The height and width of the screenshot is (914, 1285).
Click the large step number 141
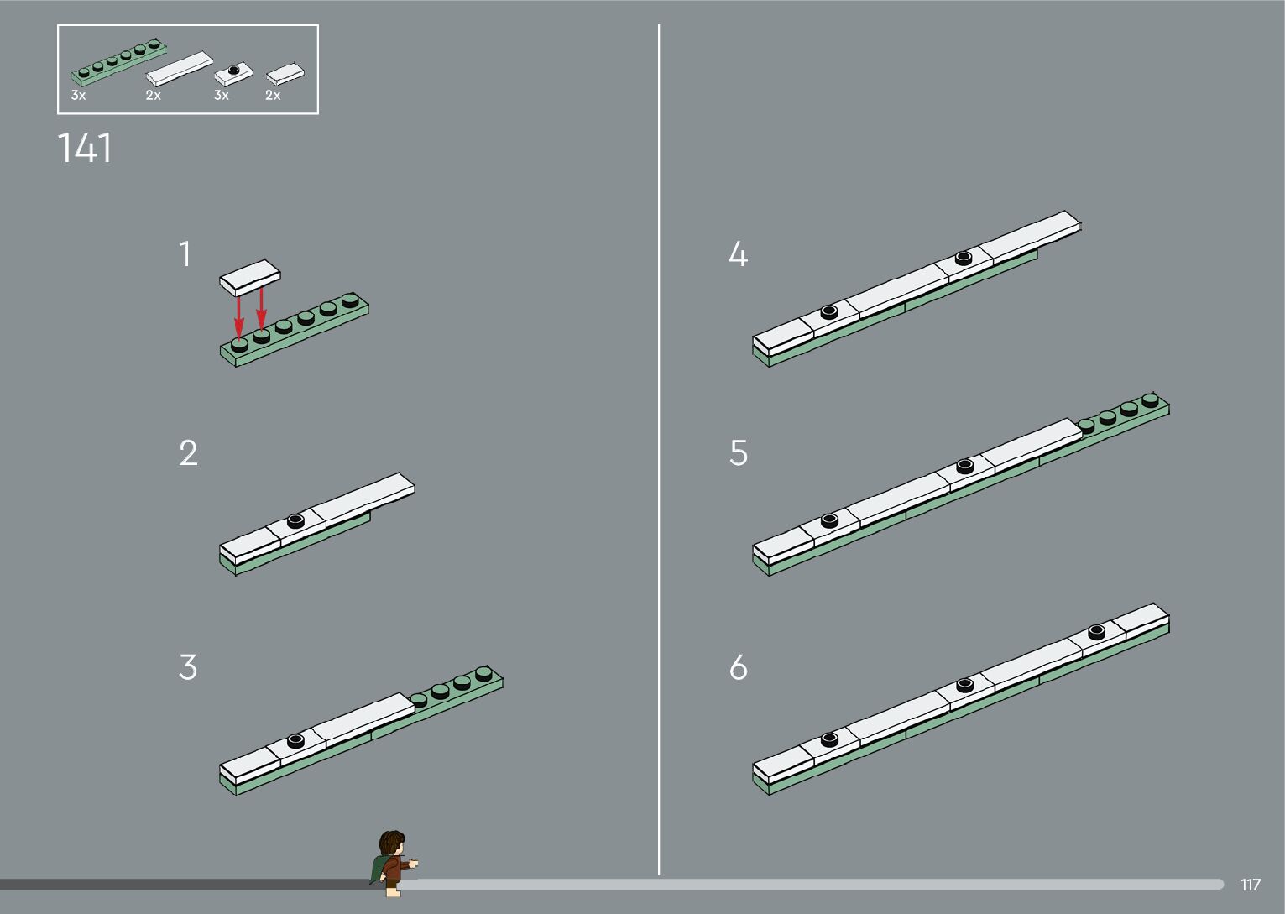coord(84,148)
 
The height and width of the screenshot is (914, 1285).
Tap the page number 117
coord(1251,885)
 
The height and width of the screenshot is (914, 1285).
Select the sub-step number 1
coord(185,253)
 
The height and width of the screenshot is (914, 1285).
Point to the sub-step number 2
coord(188,452)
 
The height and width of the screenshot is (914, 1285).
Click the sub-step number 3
coord(188,666)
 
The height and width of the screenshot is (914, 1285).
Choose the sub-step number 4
coord(739,253)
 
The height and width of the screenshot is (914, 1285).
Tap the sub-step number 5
coord(739,452)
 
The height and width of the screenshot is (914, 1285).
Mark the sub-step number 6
coord(739,666)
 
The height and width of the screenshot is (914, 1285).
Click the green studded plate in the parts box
coord(118,62)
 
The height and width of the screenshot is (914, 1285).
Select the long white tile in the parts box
coord(180,68)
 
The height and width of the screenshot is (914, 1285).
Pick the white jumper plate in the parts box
coord(234,74)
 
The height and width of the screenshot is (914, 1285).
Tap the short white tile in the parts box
coord(285,75)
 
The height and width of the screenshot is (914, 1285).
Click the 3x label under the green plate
coord(79,95)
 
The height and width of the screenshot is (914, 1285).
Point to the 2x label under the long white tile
coord(153,95)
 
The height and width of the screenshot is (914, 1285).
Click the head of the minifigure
coord(393,844)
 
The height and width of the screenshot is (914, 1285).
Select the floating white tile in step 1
coord(250,278)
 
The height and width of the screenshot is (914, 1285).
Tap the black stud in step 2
coord(296,520)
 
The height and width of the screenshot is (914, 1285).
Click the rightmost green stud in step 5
coord(1150,400)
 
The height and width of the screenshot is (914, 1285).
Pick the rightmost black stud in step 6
coord(1096,632)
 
